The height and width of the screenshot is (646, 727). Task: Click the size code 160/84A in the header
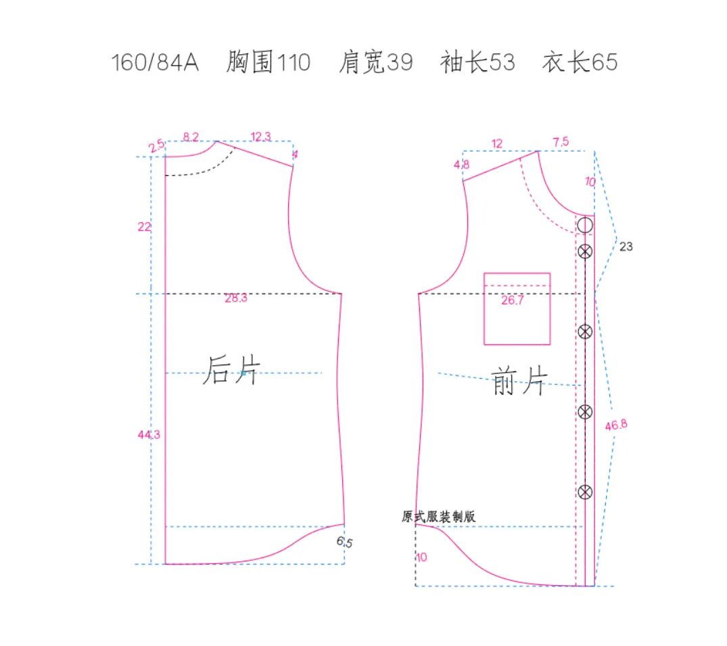(155, 63)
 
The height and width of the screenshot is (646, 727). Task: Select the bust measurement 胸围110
(268, 63)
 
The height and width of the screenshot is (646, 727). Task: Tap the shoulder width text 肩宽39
(375, 63)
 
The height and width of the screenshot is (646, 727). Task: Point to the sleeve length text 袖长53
(477, 63)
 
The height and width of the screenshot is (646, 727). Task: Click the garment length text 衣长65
(580, 63)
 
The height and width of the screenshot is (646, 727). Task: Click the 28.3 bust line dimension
(236, 298)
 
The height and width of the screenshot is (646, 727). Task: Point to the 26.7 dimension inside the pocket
(512, 301)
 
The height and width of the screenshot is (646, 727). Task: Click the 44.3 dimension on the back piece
(149, 435)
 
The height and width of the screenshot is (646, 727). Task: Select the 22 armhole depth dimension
(144, 227)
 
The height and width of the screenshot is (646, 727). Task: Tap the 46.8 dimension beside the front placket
(616, 425)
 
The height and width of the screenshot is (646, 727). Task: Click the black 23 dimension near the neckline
(626, 247)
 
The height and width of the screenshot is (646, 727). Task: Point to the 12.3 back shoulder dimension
(260, 137)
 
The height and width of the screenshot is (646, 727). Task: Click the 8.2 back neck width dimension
(191, 137)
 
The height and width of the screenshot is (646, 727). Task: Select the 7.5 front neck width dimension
(561, 142)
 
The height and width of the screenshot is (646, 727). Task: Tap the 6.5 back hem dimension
(345, 542)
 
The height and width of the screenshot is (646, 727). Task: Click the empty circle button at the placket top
(586, 225)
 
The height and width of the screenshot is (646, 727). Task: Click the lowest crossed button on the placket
(586, 492)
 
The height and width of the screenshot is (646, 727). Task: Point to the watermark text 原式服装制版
(438, 516)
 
